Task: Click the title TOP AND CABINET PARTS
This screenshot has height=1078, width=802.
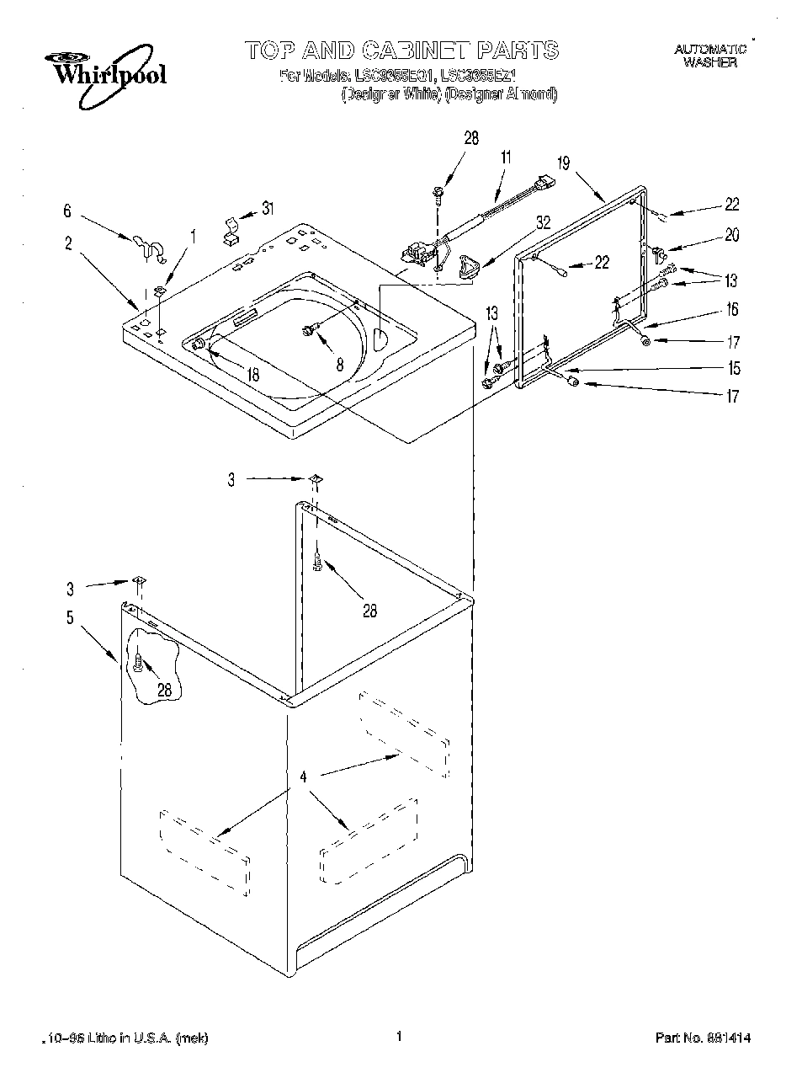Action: (402, 51)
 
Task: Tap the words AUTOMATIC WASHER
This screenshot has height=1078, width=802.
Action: (709, 56)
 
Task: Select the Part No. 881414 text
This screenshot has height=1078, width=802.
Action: (703, 1039)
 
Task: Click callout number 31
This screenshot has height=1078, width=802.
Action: (267, 209)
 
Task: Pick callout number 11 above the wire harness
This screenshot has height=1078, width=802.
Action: (505, 157)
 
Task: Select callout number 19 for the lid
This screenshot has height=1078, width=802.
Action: (563, 163)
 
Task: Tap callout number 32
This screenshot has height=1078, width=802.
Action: (543, 222)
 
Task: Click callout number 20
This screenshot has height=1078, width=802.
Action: (731, 235)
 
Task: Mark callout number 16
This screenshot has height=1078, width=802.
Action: (731, 310)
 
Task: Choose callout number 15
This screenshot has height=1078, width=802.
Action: (734, 368)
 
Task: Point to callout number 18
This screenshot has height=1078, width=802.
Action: (253, 376)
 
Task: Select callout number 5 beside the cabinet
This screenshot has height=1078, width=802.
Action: (70, 618)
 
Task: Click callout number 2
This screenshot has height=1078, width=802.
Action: (68, 245)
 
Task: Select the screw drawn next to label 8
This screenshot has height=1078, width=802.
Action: (309, 331)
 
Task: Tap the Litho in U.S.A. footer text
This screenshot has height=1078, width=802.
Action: (126, 1039)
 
